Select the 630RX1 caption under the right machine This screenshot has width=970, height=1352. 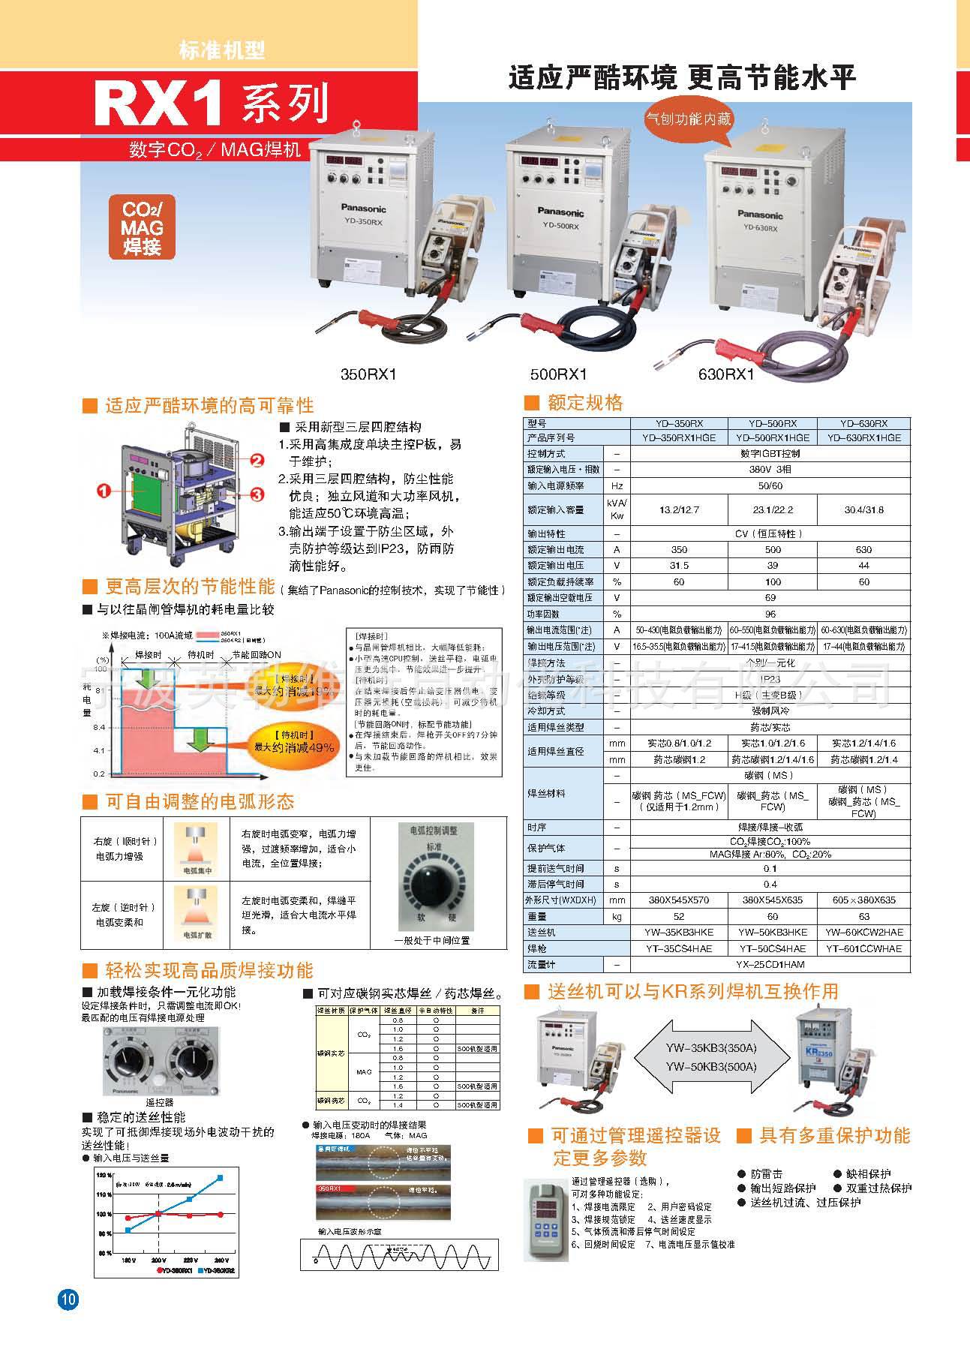(725, 373)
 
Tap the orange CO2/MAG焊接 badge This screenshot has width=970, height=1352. (143, 227)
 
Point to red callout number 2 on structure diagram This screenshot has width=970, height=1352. (257, 461)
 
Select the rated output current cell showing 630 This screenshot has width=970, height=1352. (863, 550)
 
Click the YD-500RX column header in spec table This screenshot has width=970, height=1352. (772, 423)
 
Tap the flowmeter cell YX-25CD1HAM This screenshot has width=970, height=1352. (770, 965)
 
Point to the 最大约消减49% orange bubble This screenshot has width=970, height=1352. (294, 743)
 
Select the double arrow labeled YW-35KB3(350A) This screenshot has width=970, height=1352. (710, 1057)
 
